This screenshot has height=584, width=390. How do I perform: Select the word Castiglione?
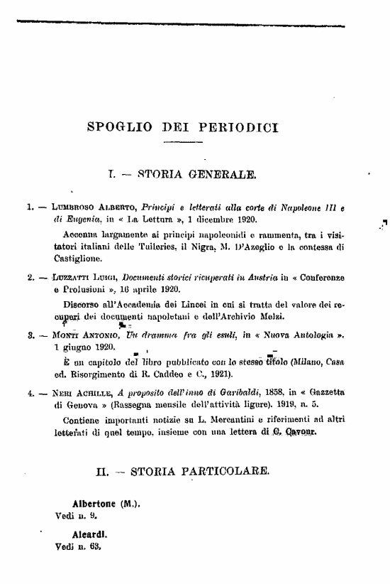[x=72, y=259]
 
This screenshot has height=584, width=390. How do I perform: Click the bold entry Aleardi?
[x=89, y=532]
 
